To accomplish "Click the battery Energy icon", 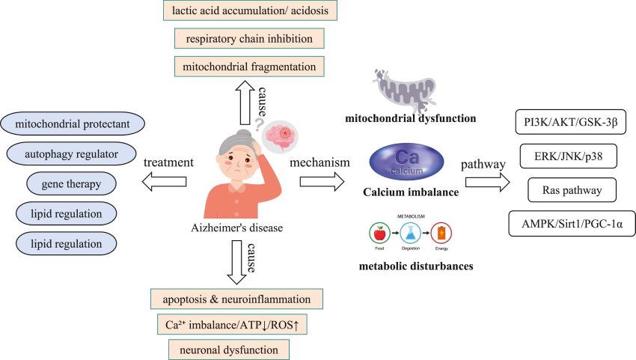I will coord(442,234).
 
